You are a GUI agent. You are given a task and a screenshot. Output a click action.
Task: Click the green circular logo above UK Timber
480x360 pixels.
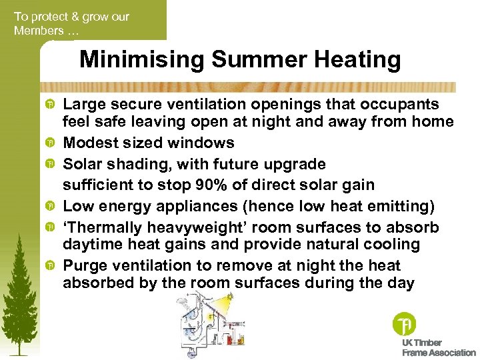click(x=404, y=325)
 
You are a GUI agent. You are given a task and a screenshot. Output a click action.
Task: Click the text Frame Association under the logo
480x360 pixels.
click(x=439, y=352)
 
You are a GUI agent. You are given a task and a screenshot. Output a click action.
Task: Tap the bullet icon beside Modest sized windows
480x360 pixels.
click(x=50, y=143)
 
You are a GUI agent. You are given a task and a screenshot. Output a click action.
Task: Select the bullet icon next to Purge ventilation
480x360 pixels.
click(x=50, y=266)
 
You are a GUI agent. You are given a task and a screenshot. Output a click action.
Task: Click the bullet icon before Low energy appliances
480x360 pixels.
click(x=50, y=207)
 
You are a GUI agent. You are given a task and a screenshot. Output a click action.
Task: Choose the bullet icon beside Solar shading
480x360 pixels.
click(x=50, y=164)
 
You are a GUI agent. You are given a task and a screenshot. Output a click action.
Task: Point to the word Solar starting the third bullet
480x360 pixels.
click(x=83, y=164)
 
